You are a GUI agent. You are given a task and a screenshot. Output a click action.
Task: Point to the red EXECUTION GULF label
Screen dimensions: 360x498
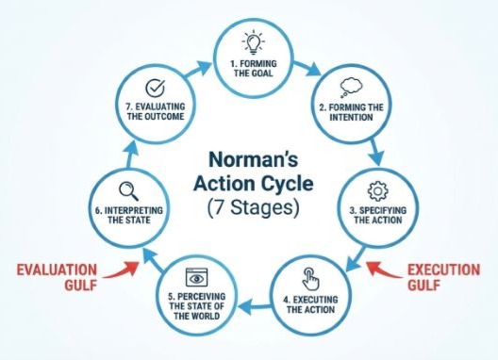coord(442,278)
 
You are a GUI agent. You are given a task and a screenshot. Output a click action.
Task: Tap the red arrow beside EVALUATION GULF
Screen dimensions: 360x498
coord(119,271)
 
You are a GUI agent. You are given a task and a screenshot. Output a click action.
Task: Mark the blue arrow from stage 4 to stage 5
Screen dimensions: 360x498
coord(251,303)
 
